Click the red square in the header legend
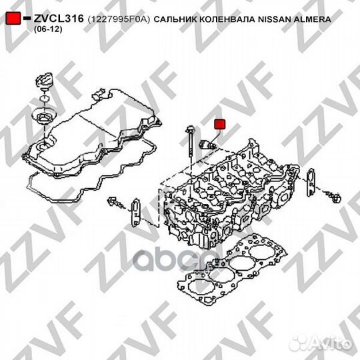(x=11, y=21)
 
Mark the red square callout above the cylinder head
(x=219, y=125)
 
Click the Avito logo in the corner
(x=331, y=344)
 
